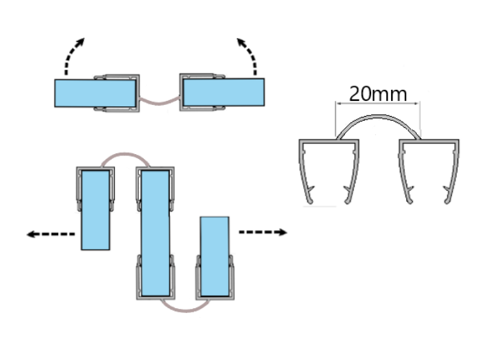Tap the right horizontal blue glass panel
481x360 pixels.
pyautogui.click(x=223, y=93)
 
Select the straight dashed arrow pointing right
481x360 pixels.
pyautogui.click(x=263, y=232)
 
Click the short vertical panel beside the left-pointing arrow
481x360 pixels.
pyautogui.click(x=95, y=210)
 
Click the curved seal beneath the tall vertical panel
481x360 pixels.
pyautogui.click(x=185, y=304)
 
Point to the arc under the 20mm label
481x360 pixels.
pyautogui.click(x=378, y=120)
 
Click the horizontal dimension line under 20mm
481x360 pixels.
pyautogui.click(x=378, y=104)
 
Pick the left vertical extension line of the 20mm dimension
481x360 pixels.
pyautogui.click(x=337, y=117)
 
